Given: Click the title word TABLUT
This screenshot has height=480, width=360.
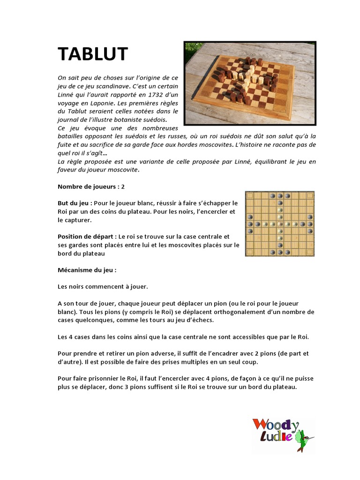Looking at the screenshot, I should (92, 54).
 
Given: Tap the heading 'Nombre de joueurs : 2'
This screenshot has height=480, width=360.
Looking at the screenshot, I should (91, 187).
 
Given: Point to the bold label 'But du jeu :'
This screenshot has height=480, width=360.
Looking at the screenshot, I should (75, 203).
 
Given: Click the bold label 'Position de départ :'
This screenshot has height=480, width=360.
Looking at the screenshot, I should (87, 237).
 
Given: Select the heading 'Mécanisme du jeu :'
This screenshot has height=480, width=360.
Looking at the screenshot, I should (87, 270).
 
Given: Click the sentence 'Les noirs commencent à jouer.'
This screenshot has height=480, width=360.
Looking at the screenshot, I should (103, 287).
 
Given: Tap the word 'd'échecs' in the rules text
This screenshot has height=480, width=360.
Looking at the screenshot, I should (200, 320).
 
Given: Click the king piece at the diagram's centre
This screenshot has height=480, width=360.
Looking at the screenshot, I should (280, 224).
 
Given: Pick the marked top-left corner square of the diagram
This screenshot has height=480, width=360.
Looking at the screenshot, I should (250, 195).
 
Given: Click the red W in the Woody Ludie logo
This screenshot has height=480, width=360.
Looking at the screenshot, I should (260, 425).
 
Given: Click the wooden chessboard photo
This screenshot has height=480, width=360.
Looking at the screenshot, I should (250, 83).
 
